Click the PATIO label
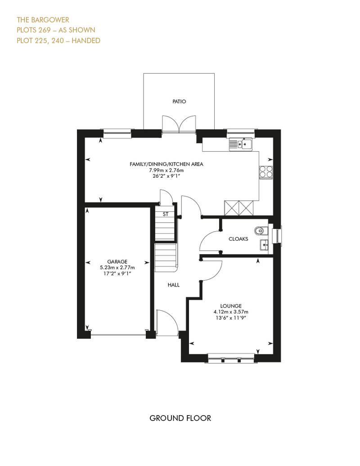click(179, 102)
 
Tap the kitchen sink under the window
click(240, 144)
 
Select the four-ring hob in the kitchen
click(266, 172)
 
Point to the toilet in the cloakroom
click(261, 230)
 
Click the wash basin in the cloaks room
click(264, 245)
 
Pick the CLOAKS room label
click(238, 239)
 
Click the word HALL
click(174, 285)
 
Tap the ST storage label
click(166, 214)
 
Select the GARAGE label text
click(117, 261)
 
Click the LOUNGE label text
click(231, 306)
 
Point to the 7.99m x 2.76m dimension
click(166, 170)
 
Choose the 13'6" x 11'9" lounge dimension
click(231, 318)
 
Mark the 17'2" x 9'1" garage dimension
click(117, 273)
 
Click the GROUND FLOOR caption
click(180, 418)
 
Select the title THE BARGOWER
click(43, 20)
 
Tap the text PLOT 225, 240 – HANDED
click(58, 40)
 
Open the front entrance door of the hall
click(166, 323)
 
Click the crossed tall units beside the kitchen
click(238, 208)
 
